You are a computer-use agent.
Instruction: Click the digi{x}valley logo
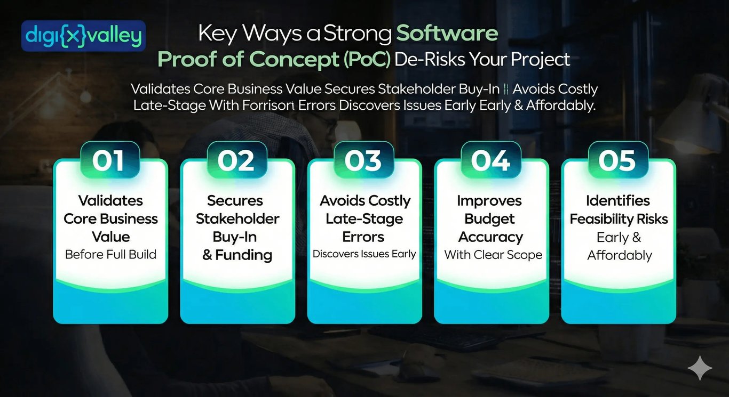coord(83,36)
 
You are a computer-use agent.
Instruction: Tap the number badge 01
coord(109,160)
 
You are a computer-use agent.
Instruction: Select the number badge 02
coord(236,160)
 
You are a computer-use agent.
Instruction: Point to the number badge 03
coord(363,160)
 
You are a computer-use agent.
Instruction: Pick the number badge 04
coord(490,160)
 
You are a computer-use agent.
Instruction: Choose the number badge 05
coord(617,160)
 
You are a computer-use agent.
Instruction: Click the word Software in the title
coord(447,34)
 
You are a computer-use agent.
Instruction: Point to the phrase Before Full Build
coord(110,254)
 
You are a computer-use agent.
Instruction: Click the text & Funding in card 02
coord(237,255)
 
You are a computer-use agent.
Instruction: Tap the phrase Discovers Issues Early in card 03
coord(364,254)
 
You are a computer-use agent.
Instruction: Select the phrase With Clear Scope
coord(493,255)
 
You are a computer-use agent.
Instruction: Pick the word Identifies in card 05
coord(617,201)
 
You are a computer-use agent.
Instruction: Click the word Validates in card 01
coord(110,201)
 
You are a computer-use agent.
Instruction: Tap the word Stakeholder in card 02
coord(237,219)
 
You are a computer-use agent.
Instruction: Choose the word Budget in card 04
coord(489,219)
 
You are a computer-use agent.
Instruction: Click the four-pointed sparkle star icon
coord(699,368)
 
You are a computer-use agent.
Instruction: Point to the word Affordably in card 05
coord(620,255)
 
